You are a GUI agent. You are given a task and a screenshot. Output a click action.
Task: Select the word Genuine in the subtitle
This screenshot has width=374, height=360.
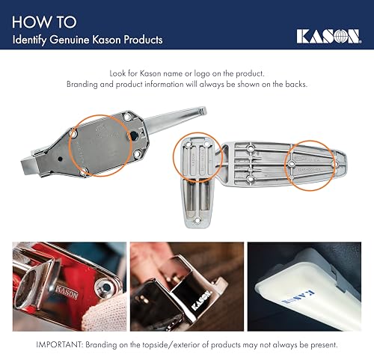(x=78, y=39)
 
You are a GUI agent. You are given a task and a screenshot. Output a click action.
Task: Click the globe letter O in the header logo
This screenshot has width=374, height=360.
(x=337, y=36)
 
